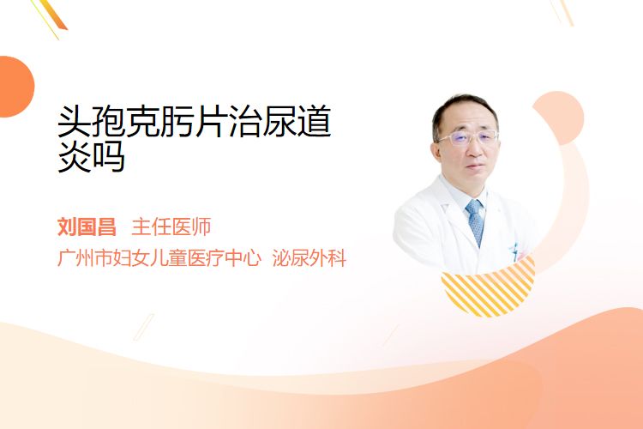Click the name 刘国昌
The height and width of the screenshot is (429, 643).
[x=87, y=227]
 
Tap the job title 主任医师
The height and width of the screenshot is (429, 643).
[x=171, y=227]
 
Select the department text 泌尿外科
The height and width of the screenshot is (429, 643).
[x=309, y=257]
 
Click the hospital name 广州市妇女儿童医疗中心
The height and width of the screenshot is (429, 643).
[x=159, y=257]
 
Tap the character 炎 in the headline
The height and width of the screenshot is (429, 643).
[x=74, y=156]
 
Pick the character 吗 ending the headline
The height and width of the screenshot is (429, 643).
[x=108, y=156]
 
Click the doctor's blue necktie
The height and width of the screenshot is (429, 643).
[x=476, y=222]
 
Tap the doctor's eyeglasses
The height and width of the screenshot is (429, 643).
[x=468, y=137]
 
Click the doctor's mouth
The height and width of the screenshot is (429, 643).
[x=474, y=166]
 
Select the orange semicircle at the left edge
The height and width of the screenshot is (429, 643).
[x=15, y=87]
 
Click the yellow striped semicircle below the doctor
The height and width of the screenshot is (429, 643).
[x=489, y=289]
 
